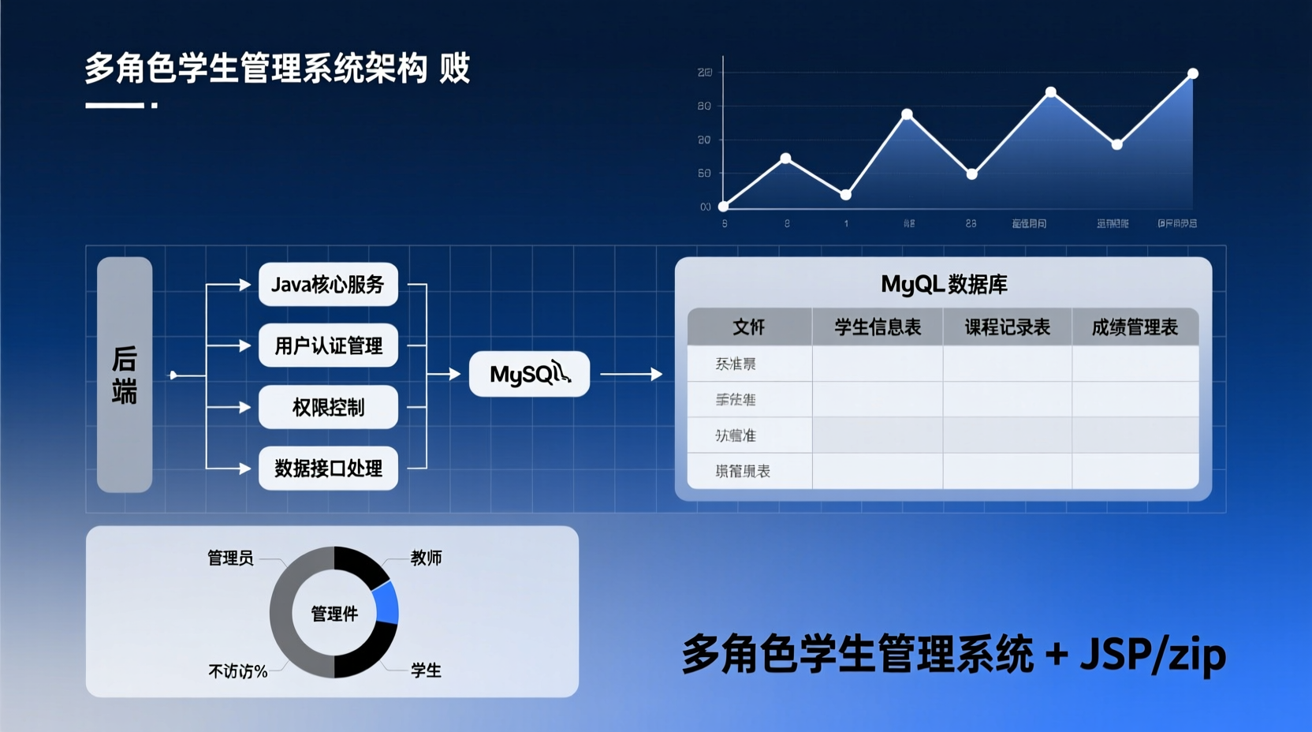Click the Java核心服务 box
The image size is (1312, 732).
tap(328, 284)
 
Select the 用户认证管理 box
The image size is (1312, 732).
tap(328, 345)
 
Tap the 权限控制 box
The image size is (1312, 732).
tap(328, 407)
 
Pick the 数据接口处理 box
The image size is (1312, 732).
tap(328, 469)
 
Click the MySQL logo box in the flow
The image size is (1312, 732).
tap(529, 374)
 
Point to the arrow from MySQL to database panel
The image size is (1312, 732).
tap(631, 374)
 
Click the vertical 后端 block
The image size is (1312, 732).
tap(125, 375)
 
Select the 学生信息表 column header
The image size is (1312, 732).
tap(878, 327)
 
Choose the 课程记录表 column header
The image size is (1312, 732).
tap(1007, 327)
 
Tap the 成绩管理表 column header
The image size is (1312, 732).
tap(1135, 327)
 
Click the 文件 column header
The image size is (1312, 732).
tap(749, 327)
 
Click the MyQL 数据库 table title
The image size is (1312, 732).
tap(944, 284)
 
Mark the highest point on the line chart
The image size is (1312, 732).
tap(1193, 73)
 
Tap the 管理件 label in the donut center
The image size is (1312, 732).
tap(334, 614)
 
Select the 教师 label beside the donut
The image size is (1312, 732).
tap(426, 558)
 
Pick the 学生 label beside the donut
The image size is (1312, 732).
tap(426, 670)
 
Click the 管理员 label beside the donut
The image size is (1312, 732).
tap(230, 558)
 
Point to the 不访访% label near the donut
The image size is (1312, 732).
tap(237, 671)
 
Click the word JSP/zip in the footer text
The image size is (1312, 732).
tap(1153, 655)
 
